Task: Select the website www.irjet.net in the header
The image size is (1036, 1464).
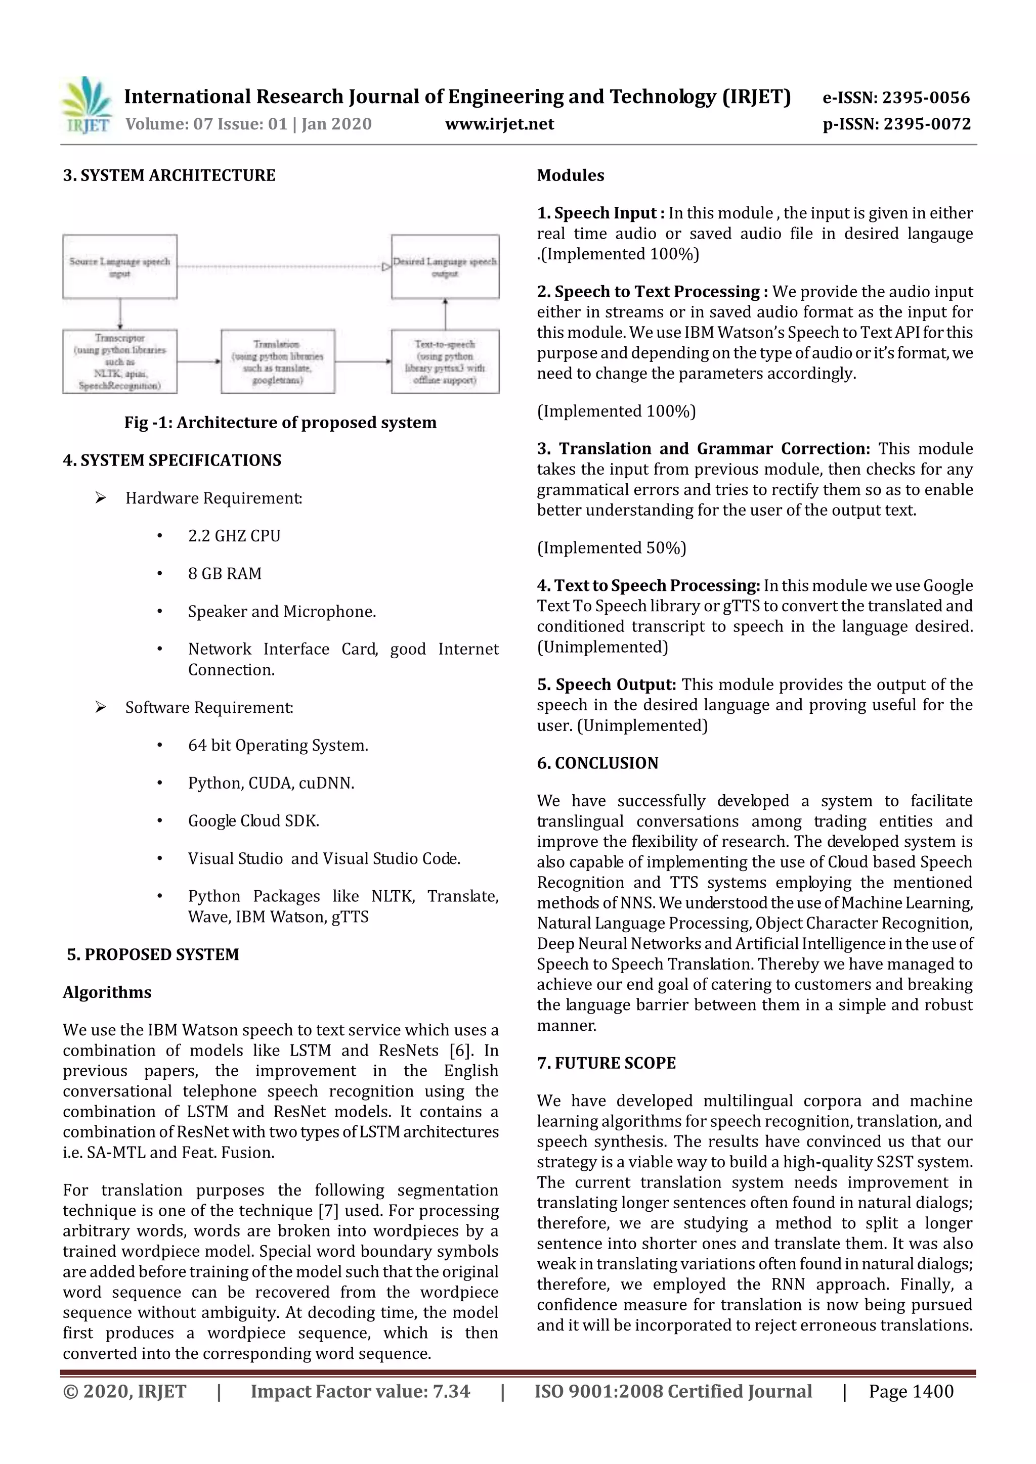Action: click(499, 124)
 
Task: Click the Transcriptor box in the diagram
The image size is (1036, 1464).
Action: click(120, 361)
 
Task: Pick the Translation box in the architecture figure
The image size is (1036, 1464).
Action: click(278, 361)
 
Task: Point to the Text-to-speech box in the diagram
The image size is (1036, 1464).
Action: click(445, 361)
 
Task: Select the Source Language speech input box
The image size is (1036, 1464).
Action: click(120, 266)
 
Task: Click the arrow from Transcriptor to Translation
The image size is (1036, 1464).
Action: click(198, 361)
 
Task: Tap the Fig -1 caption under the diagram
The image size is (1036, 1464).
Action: click(280, 423)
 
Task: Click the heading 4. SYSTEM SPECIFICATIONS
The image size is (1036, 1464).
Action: click(171, 461)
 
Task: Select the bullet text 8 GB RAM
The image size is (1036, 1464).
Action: click(225, 574)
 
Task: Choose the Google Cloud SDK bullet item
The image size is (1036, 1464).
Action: click(253, 820)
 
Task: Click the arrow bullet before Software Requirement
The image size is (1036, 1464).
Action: click(100, 707)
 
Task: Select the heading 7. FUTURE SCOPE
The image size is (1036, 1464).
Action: click(606, 1063)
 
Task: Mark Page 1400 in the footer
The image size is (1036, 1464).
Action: click(911, 1391)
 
